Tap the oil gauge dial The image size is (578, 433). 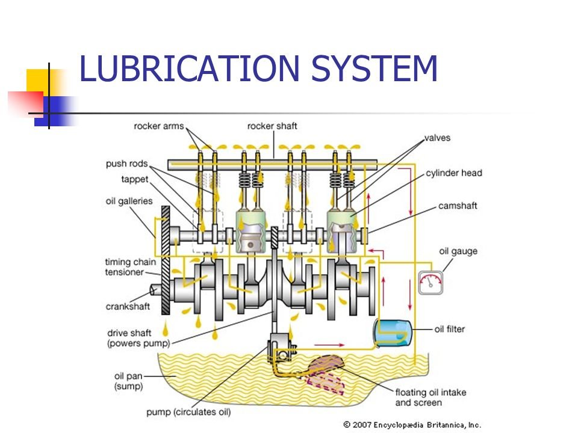click(430, 282)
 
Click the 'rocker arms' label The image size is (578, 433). click(158, 126)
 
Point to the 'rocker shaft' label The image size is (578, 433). click(272, 126)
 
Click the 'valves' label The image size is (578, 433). click(437, 138)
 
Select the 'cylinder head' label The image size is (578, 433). click(454, 173)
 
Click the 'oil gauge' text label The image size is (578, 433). click(458, 251)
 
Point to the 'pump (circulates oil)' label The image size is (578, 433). click(188, 413)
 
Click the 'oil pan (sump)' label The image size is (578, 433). click(129, 381)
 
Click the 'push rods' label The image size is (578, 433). click(126, 164)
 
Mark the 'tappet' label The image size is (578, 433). click(135, 179)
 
